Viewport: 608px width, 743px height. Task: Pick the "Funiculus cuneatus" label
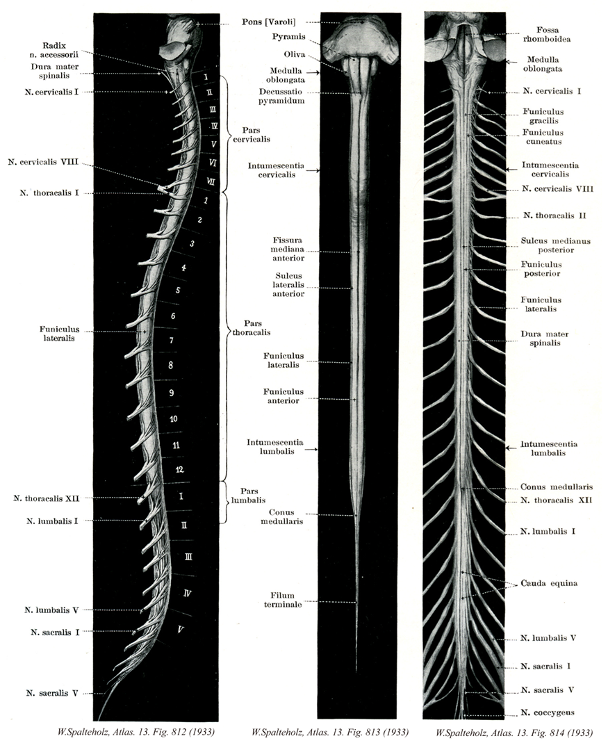click(544, 136)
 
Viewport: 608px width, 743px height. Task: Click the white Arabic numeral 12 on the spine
click(179, 470)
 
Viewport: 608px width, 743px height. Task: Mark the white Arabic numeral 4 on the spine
click(183, 268)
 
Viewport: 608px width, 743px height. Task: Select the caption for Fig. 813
click(329, 731)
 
